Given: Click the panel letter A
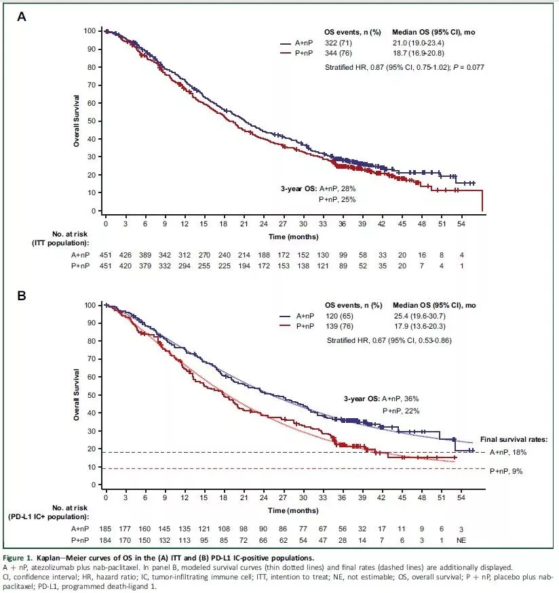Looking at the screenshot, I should click(22, 17).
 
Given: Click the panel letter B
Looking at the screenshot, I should click(22, 296).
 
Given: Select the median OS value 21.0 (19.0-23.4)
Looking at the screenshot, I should click(427, 42).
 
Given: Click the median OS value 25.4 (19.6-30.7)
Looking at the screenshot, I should click(427, 316).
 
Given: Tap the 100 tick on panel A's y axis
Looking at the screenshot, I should click(89, 31).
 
